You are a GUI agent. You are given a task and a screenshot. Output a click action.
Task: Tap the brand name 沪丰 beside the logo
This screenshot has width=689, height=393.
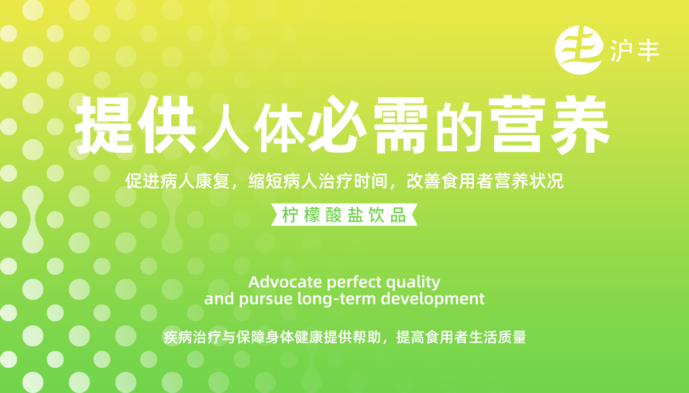pos(634,51)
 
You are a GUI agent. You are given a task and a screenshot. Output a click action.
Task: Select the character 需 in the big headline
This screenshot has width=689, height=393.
pos(401,125)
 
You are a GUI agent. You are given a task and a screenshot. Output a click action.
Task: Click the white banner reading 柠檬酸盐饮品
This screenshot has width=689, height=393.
pos(344,215)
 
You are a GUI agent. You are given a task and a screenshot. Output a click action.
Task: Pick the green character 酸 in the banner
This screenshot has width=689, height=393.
pos(334,215)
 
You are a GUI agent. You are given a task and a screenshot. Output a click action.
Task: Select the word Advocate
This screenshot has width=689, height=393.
pos(285,282)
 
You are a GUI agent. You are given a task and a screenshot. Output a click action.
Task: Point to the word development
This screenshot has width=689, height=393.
pos(433,299)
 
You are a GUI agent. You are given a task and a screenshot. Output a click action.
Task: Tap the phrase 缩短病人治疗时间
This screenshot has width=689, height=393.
pos(318,181)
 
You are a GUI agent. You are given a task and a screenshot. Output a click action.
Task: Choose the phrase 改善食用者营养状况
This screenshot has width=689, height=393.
pos(485,181)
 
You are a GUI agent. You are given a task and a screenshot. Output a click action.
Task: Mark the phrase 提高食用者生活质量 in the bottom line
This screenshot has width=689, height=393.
pos(461,337)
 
